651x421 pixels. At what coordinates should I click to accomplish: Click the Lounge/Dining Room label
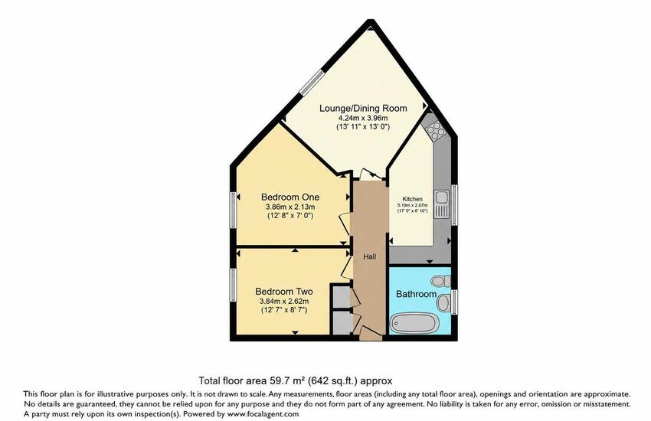tap(363, 108)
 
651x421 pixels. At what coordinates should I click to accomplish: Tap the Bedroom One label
tap(290, 197)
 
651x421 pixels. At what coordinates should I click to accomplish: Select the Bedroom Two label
tap(284, 292)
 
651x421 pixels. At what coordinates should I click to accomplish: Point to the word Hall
tap(369, 256)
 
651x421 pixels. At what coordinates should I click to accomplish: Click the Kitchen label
tap(413, 199)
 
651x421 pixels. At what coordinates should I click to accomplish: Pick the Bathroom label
tap(416, 294)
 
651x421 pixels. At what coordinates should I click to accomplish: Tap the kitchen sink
tap(441, 204)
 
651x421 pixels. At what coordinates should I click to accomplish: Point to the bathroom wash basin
tap(443, 302)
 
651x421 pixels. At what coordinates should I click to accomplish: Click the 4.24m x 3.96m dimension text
tap(363, 118)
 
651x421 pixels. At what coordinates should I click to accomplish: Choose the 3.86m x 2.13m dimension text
tap(290, 207)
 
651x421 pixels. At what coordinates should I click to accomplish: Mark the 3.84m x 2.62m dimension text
tap(284, 301)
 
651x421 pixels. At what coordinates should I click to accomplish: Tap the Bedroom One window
tap(234, 209)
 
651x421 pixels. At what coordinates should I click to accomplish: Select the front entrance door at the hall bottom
tap(371, 333)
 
